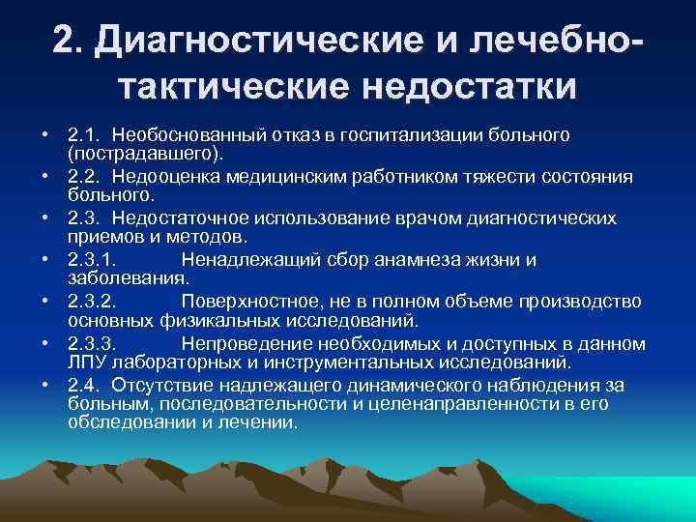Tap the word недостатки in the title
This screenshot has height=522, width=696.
coord(469,86)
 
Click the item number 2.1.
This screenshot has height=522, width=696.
coord(83,133)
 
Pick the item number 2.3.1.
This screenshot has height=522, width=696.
coord(94,260)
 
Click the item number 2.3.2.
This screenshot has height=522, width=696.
coord(94,302)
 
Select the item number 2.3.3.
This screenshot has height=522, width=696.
coord(94,344)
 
